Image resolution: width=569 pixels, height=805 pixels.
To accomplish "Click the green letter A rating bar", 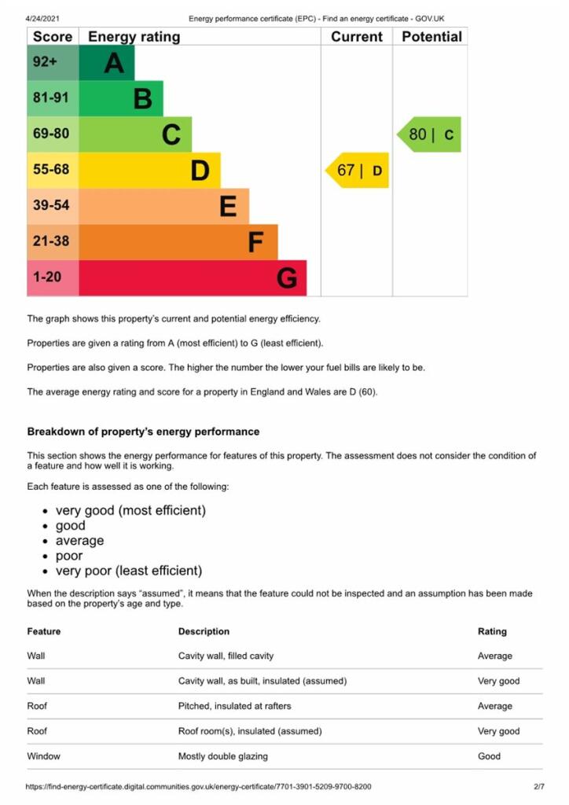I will (x=107, y=63).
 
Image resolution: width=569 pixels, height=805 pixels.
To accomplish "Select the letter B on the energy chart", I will (x=142, y=99).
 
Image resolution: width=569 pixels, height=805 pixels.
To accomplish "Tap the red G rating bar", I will (x=193, y=278).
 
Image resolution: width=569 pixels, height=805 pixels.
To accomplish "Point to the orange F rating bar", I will (x=178, y=242).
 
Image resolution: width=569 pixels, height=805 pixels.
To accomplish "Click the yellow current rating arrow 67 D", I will (x=358, y=170).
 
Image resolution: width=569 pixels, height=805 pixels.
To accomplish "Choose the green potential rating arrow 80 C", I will (x=430, y=134).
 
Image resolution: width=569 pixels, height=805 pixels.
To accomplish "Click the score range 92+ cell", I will (x=53, y=63).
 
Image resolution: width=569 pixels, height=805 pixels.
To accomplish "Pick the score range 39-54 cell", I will (x=53, y=206).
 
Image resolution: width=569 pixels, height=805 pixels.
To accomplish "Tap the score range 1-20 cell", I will (x=53, y=278).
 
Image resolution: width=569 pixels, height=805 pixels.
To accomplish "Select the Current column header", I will (x=356, y=37).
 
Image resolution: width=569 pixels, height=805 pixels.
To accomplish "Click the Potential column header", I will (x=431, y=37).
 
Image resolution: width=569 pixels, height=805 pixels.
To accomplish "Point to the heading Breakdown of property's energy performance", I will (x=143, y=432).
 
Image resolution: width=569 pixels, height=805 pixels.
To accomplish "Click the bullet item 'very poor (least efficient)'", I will (x=129, y=571).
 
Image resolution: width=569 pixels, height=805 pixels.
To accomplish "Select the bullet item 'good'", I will (x=71, y=526).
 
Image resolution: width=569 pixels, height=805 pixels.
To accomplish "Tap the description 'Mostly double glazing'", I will (x=223, y=756).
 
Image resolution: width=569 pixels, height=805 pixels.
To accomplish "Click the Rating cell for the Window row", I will (x=489, y=756).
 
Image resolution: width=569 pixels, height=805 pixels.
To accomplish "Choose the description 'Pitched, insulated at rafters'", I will (x=237, y=706).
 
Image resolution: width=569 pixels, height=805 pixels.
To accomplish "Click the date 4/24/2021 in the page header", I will (x=43, y=18).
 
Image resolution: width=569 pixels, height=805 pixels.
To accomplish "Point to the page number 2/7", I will (x=539, y=786).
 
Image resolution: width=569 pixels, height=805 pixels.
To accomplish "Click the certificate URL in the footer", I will (x=199, y=786).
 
